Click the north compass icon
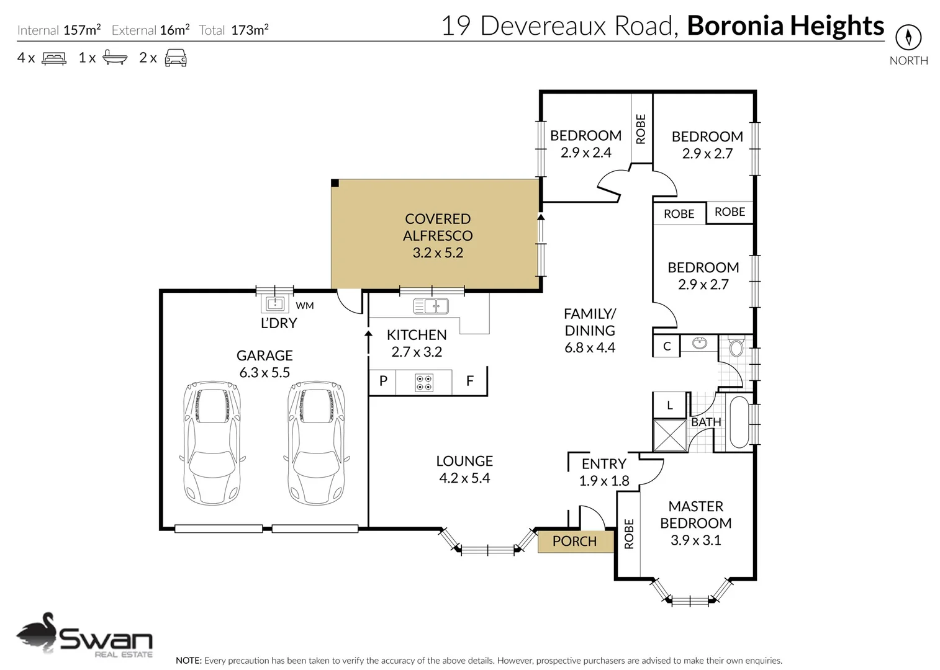(908, 37)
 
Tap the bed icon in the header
(54, 58)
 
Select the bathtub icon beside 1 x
(115, 58)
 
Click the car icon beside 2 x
(176, 58)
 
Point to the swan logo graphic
(37, 633)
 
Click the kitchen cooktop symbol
(424, 383)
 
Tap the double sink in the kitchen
(431, 306)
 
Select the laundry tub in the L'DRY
(275, 304)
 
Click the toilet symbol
(736, 346)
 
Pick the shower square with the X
(670, 435)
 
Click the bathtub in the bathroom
(739, 422)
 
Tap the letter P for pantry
(383, 381)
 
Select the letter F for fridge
(470, 381)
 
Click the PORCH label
(574, 542)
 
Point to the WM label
(305, 306)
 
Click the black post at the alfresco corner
(335, 183)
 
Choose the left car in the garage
(212, 443)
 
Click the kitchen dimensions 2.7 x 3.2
(417, 352)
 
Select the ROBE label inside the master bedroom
(628, 534)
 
